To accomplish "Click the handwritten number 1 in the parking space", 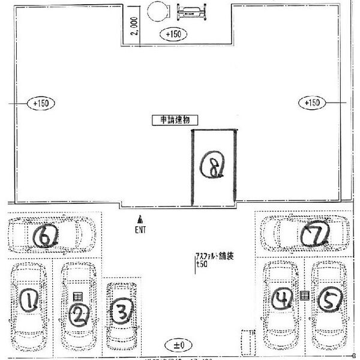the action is coord(28,299).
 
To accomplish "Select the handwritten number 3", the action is coord(122,311).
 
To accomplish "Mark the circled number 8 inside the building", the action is coord(213,164).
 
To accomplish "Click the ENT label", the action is coord(140,229).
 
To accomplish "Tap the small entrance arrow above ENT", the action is coord(140,219).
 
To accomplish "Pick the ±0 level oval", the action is coord(179,345).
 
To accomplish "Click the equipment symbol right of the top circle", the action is coord(193,10).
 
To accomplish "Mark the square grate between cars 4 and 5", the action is coord(304,295).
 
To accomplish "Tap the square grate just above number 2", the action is coord(77,296).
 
